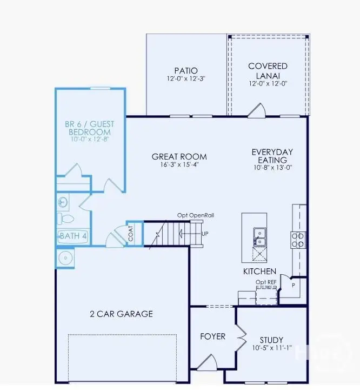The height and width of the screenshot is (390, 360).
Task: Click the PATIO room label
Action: (x=186, y=70)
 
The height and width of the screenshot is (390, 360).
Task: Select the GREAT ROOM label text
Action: (x=179, y=157)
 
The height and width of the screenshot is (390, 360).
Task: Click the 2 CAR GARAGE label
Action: (x=121, y=314)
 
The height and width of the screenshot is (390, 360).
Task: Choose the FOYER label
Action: (x=212, y=336)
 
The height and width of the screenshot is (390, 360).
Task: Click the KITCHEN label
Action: (x=259, y=271)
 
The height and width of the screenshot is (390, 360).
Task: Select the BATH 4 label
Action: (x=73, y=236)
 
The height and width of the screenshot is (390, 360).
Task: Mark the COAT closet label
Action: (x=131, y=234)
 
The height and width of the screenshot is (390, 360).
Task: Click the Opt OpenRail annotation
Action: (x=196, y=215)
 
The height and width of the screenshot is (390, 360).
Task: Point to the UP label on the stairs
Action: (x=205, y=234)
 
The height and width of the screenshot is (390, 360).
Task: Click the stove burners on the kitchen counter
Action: (x=298, y=239)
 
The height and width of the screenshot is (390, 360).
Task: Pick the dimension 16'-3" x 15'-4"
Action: (x=179, y=166)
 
